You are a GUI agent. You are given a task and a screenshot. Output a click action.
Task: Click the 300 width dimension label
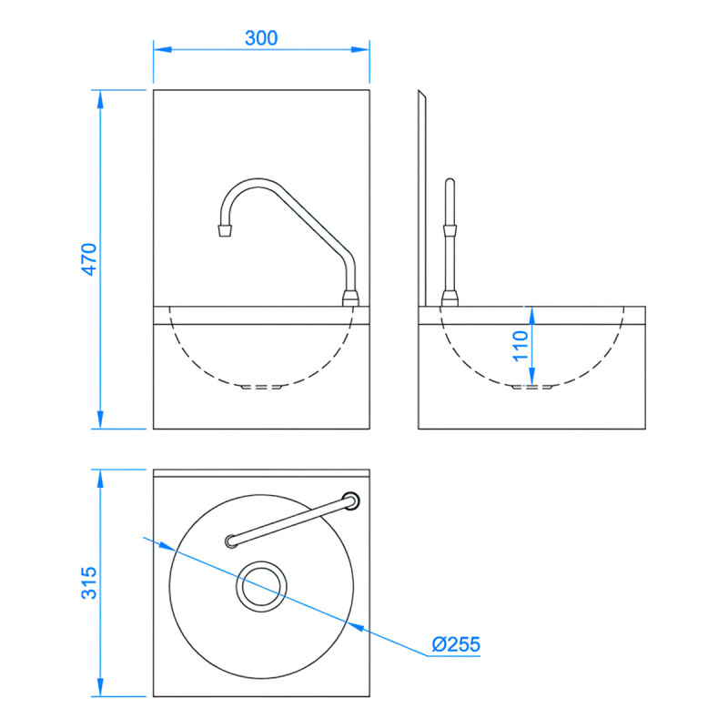click(x=261, y=37)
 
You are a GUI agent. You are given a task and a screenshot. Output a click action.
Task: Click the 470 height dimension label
click(x=88, y=258)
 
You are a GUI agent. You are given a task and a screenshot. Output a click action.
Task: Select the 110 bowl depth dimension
click(x=520, y=347)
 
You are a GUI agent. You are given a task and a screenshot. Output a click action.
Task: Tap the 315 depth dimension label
click(x=88, y=582)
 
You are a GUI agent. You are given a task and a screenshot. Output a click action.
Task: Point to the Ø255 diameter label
click(x=456, y=645)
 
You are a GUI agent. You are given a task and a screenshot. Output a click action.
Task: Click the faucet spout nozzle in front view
click(x=223, y=229)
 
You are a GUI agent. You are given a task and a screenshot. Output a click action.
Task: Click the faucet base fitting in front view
click(x=350, y=298)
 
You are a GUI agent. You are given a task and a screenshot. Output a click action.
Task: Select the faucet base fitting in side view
click(x=448, y=298)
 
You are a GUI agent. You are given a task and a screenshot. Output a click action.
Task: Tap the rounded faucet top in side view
click(x=448, y=185)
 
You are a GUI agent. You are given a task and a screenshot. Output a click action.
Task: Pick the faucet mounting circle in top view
click(x=350, y=500)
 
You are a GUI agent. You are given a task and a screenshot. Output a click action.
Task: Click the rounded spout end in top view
click(x=230, y=542)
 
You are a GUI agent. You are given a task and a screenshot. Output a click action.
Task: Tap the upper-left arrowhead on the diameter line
click(x=167, y=547)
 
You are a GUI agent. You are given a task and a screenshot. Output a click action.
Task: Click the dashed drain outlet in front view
click(x=261, y=387)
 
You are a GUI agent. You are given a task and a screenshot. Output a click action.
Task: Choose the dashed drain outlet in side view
click(x=533, y=387)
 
